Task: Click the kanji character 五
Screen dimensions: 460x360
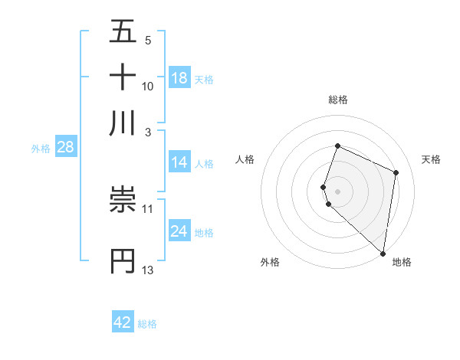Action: click(123, 32)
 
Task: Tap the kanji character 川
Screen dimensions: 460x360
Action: click(123, 123)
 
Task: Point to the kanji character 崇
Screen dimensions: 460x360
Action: click(123, 201)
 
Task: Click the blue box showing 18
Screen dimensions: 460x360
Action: click(179, 78)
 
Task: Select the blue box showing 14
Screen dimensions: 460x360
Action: click(179, 162)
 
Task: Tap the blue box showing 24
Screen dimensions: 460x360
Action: click(179, 231)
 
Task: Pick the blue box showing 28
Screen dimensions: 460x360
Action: click(65, 147)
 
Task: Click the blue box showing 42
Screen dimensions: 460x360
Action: click(123, 322)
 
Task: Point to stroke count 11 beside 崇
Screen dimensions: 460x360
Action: click(148, 208)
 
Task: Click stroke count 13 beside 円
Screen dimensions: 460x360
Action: click(148, 270)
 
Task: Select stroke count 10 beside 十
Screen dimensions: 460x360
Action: click(148, 86)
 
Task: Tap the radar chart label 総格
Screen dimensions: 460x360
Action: click(338, 100)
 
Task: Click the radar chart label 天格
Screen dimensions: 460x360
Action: click(431, 159)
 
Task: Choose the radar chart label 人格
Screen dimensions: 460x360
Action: click(245, 159)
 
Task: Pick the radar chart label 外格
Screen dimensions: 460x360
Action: click(270, 262)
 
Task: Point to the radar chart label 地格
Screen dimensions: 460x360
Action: click(402, 262)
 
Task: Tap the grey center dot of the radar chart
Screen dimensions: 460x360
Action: click(338, 191)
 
